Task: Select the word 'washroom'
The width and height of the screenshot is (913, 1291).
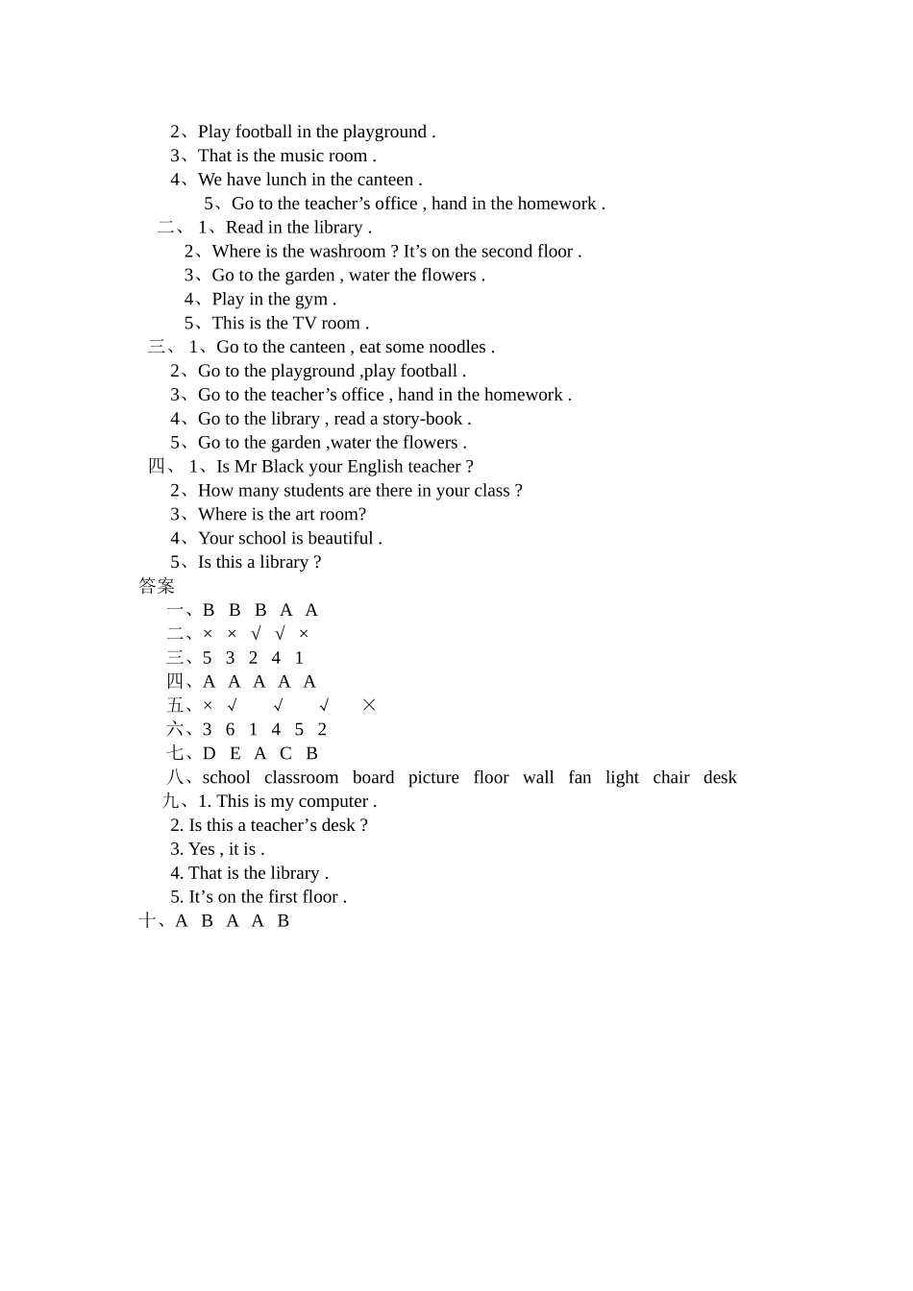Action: (347, 252)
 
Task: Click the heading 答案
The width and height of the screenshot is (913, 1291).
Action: (157, 586)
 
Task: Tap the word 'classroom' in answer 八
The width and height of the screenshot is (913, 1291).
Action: (301, 778)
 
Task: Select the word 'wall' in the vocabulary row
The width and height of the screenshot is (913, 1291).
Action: (538, 778)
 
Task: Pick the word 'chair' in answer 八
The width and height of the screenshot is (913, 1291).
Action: (671, 778)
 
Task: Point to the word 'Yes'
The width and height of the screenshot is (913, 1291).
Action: (202, 849)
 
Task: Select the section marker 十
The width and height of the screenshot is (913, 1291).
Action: (147, 921)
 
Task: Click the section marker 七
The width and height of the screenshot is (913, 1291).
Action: (175, 754)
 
